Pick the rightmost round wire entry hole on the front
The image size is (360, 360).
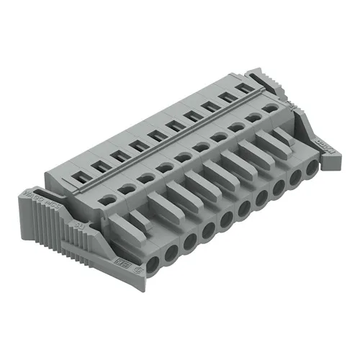pos(311,170)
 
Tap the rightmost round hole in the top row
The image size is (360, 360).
pos(271,109)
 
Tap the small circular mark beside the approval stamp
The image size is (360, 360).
pos(137,264)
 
